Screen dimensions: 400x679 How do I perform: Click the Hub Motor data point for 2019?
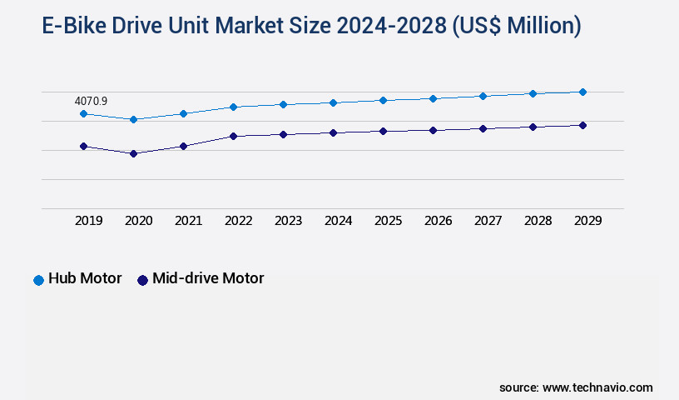pos(83,113)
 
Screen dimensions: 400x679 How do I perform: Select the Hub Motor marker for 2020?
pos(133,119)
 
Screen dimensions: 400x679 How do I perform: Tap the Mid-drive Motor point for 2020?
pos(133,153)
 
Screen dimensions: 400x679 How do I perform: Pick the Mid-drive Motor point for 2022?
pos(233,136)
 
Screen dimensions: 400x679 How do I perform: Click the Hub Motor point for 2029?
pos(582,92)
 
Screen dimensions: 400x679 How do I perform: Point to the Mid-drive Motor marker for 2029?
pos(582,125)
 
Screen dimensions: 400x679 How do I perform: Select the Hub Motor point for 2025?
pos(383,100)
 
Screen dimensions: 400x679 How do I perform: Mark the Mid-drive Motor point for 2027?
pos(483,128)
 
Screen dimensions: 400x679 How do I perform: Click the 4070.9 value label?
pos(91,101)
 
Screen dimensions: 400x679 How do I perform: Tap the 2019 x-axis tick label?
pos(88,221)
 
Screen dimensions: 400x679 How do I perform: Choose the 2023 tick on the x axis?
pos(288,221)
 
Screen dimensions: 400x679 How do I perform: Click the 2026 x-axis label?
pos(438,221)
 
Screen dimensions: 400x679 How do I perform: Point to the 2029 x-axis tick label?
pos(587,221)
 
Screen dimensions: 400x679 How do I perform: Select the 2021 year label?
pos(188,221)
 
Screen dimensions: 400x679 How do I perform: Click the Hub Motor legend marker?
pos(38,280)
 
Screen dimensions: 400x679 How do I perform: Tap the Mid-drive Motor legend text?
pos(208,278)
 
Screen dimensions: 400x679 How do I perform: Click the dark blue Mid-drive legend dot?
pos(142,280)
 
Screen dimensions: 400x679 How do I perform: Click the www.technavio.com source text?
pos(597,387)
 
